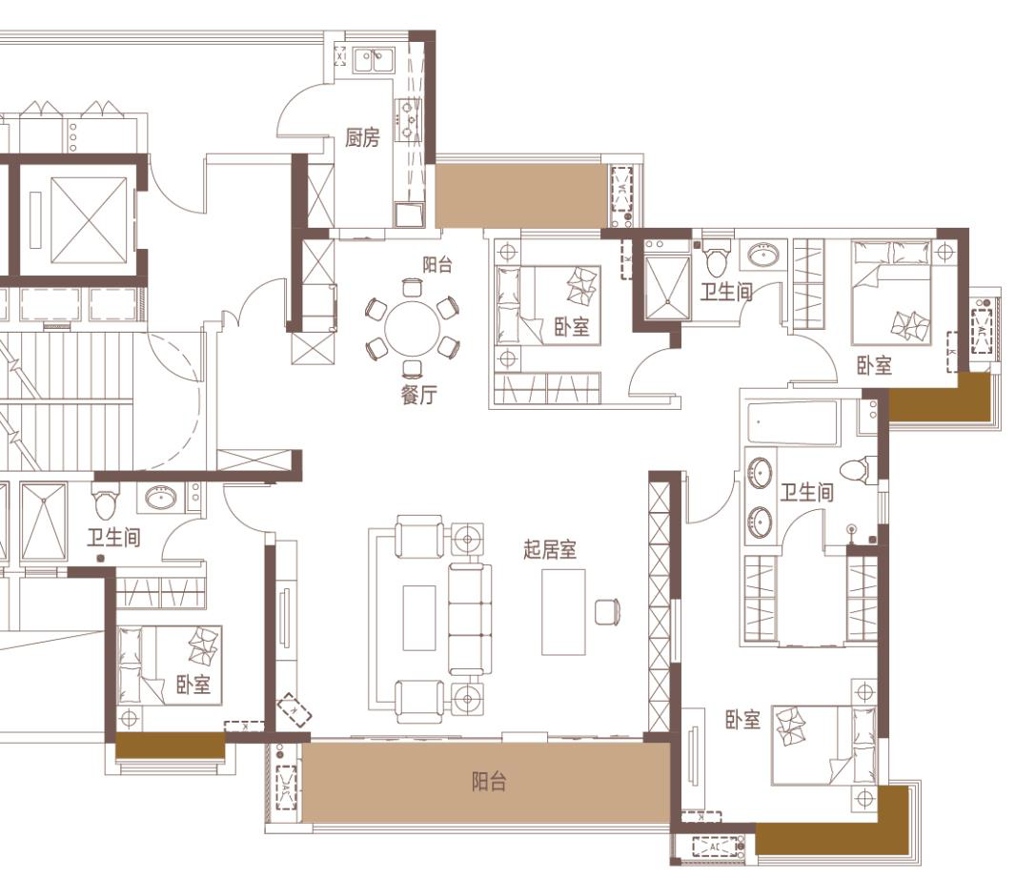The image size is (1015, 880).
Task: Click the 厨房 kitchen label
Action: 362,137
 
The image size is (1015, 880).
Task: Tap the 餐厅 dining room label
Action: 418,395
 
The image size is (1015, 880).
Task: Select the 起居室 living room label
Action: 550,550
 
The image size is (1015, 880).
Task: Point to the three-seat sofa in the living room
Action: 470,619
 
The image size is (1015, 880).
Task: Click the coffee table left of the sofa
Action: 418,618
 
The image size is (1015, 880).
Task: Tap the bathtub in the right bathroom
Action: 791,424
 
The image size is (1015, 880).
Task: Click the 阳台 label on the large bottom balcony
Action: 489,782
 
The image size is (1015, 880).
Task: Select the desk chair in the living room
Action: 608,612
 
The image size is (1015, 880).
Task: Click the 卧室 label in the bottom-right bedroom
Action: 742,720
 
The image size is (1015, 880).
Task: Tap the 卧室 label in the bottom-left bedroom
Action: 193,685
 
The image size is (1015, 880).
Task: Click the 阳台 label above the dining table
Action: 437,265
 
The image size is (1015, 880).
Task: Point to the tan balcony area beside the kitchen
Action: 521,195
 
